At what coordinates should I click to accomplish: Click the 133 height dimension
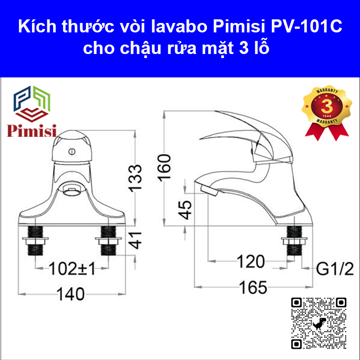tap(135, 178)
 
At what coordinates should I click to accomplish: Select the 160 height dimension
tap(164, 168)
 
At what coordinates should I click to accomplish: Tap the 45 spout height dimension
tap(185, 210)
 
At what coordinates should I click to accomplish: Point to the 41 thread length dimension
tap(135, 240)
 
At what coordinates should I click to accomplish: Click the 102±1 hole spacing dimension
tap(72, 269)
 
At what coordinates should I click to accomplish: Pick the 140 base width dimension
tap(71, 294)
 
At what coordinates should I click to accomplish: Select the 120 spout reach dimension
tap(251, 261)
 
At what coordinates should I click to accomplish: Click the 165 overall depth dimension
tap(253, 288)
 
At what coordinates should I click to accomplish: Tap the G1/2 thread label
tap(335, 269)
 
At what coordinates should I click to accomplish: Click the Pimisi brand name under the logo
tap(31, 131)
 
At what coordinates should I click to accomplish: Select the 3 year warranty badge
tap(327, 113)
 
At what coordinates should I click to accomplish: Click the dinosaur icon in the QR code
tap(319, 323)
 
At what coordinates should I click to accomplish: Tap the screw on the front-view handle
tap(72, 152)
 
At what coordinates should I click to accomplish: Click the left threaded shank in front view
tap(36, 240)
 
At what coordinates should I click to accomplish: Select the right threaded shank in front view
tap(108, 240)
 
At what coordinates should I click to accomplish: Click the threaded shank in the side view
tap(294, 240)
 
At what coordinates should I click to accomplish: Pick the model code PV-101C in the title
tap(306, 27)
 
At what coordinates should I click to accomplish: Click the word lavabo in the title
tap(179, 27)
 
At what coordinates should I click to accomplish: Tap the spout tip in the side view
tap(208, 190)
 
